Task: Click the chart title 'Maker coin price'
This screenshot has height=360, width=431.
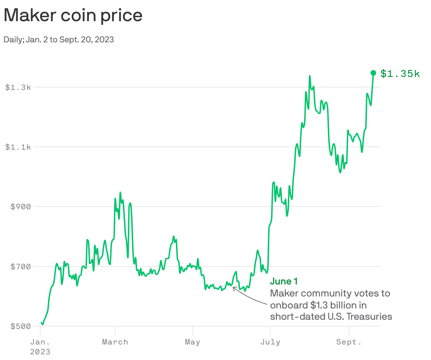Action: [73, 15]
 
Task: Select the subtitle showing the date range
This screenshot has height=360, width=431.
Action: [59, 40]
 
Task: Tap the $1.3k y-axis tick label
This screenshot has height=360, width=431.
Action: [18, 87]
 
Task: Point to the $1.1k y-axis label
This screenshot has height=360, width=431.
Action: [18, 147]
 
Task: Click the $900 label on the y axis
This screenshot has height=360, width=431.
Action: [20, 207]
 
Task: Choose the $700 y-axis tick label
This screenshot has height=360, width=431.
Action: [20, 266]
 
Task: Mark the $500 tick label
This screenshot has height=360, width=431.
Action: [20, 326]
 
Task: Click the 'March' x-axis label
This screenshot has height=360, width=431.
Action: [115, 342]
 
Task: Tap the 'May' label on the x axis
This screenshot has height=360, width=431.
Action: [193, 342]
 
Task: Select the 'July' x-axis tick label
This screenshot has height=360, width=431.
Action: [270, 342]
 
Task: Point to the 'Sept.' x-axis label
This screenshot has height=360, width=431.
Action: [349, 342]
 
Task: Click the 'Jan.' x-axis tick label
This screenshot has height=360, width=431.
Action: [40, 342]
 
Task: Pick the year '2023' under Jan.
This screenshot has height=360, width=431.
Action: [40, 352]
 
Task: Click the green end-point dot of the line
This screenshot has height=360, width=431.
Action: [373, 73]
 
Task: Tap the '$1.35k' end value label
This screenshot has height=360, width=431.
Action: [400, 74]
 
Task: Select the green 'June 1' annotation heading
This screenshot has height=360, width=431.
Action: [284, 281]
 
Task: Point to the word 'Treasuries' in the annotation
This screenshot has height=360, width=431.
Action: [369, 317]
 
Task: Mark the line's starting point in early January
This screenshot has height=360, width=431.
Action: [41, 322]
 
